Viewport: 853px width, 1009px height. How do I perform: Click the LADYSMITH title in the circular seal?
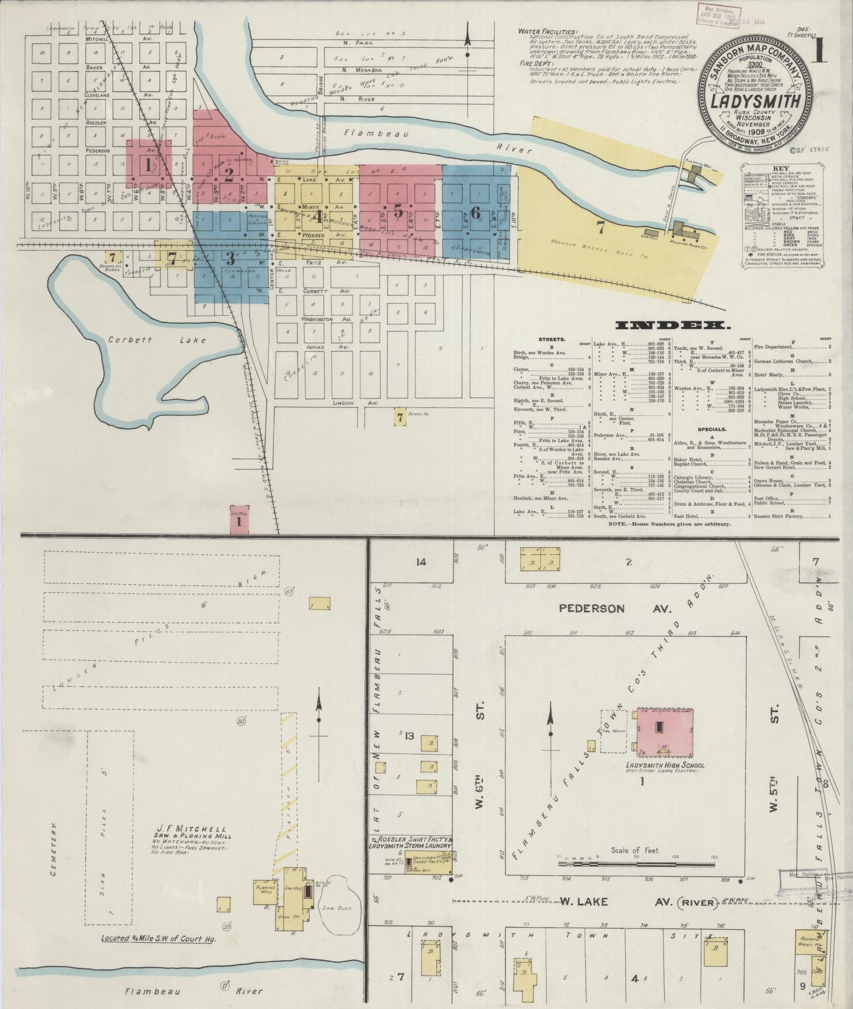[x=759, y=102]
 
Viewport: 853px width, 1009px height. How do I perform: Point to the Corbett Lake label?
[x=157, y=340]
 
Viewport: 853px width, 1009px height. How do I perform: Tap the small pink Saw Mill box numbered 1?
[x=239, y=520]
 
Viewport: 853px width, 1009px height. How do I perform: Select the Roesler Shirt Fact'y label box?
[x=412, y=844]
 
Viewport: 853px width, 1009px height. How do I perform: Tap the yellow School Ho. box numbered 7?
[x=401, y=417]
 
